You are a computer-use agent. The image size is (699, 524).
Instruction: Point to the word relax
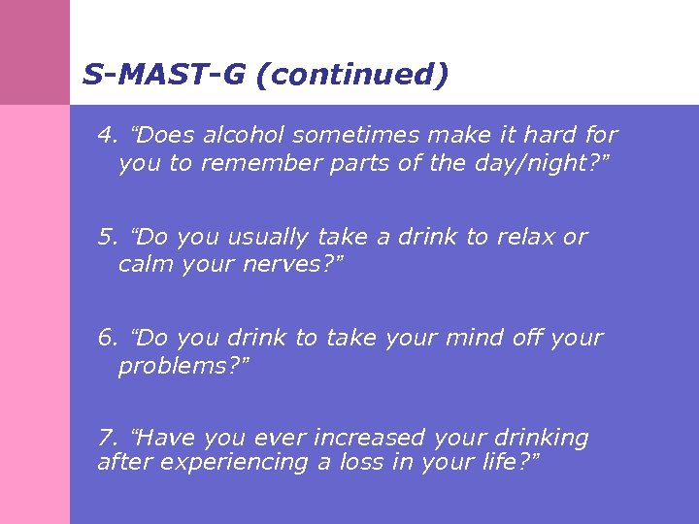click(x=525, y=237)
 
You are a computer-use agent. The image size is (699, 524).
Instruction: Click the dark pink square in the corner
click(x=35, y=52)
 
